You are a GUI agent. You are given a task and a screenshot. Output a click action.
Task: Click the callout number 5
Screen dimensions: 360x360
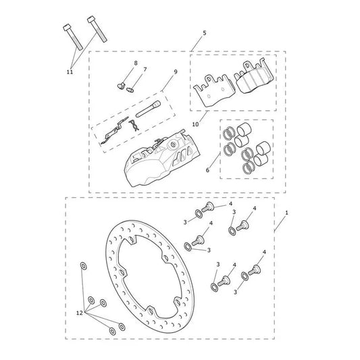coord(205,33)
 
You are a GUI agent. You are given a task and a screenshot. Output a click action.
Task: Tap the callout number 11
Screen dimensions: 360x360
coord(70,72)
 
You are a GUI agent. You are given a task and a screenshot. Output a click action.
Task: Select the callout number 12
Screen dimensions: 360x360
coord(80,313)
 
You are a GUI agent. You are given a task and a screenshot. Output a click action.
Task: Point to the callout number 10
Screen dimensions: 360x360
coord(195,124)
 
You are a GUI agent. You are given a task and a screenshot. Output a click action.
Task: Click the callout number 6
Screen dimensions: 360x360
coord(207,170)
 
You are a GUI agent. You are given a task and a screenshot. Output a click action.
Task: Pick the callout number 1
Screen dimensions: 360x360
coord(286,213)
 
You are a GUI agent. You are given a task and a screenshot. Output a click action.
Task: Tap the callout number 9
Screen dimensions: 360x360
coord(176,72)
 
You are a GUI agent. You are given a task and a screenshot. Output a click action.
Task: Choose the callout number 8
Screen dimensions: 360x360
coord(136,63)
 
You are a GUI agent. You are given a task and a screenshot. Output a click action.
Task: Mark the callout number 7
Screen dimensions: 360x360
coord(145,70)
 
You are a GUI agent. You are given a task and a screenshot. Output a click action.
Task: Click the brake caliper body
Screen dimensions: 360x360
coord(159,159)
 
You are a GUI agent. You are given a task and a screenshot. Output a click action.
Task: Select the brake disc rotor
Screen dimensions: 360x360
coord(150,277)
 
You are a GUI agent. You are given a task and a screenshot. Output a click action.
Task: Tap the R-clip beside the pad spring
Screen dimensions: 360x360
coord(134,126)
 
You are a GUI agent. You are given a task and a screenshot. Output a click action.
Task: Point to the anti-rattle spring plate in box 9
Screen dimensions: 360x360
coord(114,131)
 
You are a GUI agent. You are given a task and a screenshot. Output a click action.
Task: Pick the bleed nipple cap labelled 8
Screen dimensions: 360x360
coord(121,86)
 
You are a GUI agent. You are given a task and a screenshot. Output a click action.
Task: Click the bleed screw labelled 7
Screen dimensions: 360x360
coord(130,89)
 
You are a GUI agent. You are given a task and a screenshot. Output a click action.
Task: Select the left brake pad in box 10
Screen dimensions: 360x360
coord(214,91)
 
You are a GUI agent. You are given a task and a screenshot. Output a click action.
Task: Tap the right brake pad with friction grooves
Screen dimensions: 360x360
coord(253,77)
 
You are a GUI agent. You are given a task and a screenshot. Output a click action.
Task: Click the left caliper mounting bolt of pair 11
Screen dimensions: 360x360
coord(73,37)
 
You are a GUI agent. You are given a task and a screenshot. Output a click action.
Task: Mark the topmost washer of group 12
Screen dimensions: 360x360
coord(83,265)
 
